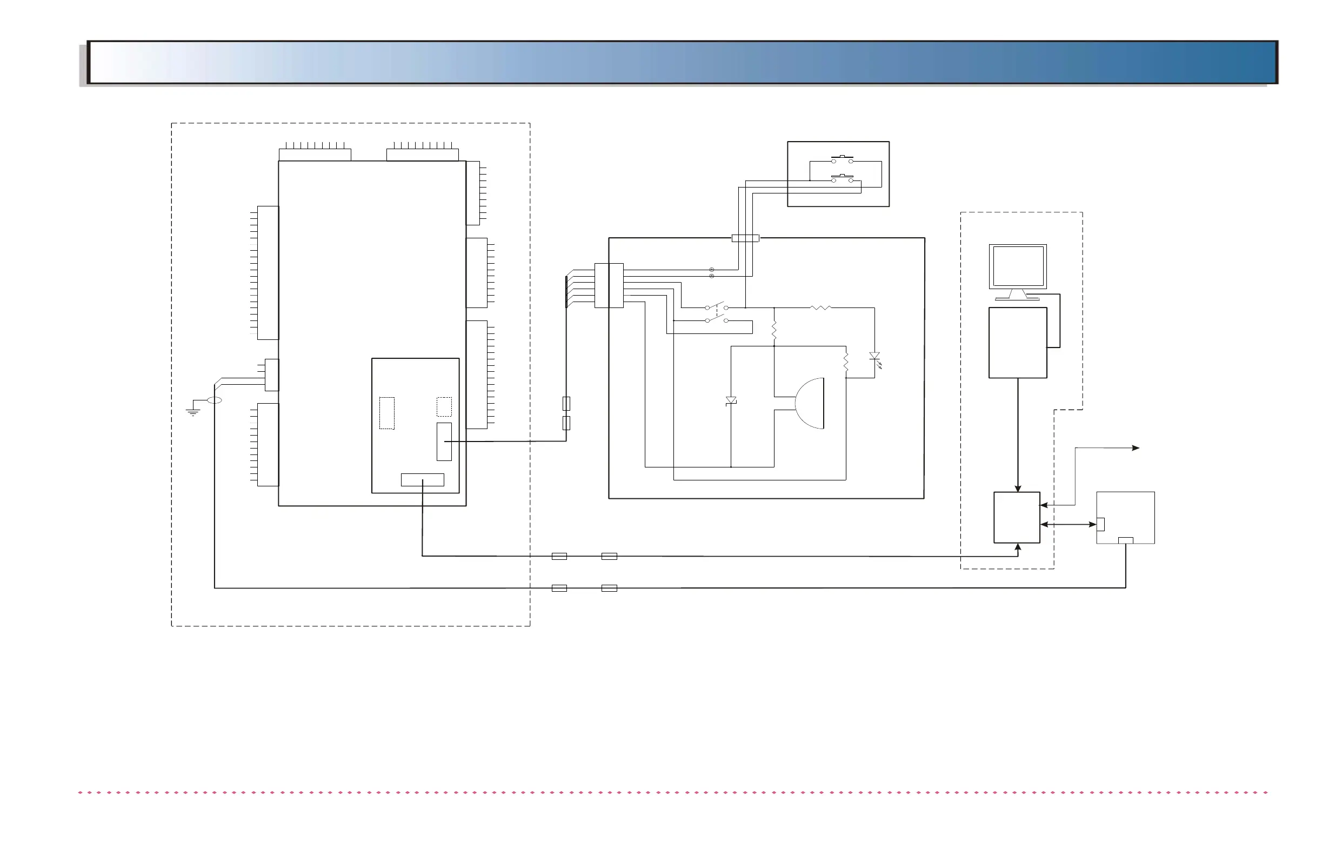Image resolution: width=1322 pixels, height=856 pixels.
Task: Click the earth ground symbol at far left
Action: click(193, 411)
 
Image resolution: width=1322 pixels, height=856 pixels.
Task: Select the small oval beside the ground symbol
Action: click(215, 400)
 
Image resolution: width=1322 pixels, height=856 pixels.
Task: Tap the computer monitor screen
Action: click(1018, 266)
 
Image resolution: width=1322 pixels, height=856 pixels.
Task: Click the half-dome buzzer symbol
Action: click(810, 404)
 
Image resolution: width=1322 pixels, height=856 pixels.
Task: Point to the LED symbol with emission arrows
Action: click(875, 357)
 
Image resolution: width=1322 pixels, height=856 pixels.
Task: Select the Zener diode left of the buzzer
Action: click(731, 400)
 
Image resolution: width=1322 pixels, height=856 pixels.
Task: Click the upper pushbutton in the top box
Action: click(842, 159)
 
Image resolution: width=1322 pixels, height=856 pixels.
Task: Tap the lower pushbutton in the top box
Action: click(842, 178)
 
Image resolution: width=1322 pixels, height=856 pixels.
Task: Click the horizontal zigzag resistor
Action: click(820, 307)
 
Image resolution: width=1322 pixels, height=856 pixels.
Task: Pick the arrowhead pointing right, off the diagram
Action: click(1136, 447)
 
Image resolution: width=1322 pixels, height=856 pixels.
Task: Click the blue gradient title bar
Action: click(683, 62)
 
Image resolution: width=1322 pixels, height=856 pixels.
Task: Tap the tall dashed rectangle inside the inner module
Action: click(386, 413)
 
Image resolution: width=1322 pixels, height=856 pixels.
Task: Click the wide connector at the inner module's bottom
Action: click(422, 480)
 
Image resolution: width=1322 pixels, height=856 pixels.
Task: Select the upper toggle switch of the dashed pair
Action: click(717, 306)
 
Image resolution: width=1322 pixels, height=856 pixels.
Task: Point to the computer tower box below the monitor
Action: click(1018, 343)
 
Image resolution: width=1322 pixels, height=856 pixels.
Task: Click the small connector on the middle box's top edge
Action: click(745, 238)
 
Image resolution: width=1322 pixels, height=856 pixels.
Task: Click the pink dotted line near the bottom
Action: click(672, 793)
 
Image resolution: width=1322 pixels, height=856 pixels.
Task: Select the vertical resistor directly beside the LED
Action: click(846, 362)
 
